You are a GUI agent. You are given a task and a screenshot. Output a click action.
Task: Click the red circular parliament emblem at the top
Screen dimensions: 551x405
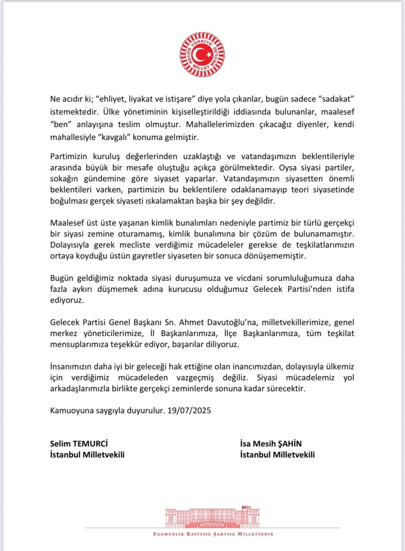point(202,55)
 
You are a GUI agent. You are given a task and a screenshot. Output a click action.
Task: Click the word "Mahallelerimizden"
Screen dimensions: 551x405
point(220,125)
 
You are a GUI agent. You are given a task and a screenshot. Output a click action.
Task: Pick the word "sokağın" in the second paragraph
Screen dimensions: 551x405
point(63,178)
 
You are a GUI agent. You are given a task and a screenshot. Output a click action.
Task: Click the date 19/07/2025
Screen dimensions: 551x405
point(189,410)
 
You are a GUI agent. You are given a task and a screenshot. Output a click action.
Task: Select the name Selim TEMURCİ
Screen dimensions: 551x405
point(79,443)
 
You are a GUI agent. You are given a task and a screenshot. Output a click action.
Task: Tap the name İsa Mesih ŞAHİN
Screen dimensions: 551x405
point(271,443)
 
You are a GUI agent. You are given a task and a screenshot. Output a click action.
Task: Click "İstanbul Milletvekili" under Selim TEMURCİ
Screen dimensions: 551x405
point(87,454)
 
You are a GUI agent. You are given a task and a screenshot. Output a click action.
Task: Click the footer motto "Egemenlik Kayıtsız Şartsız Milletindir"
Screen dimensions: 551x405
point(213,534)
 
